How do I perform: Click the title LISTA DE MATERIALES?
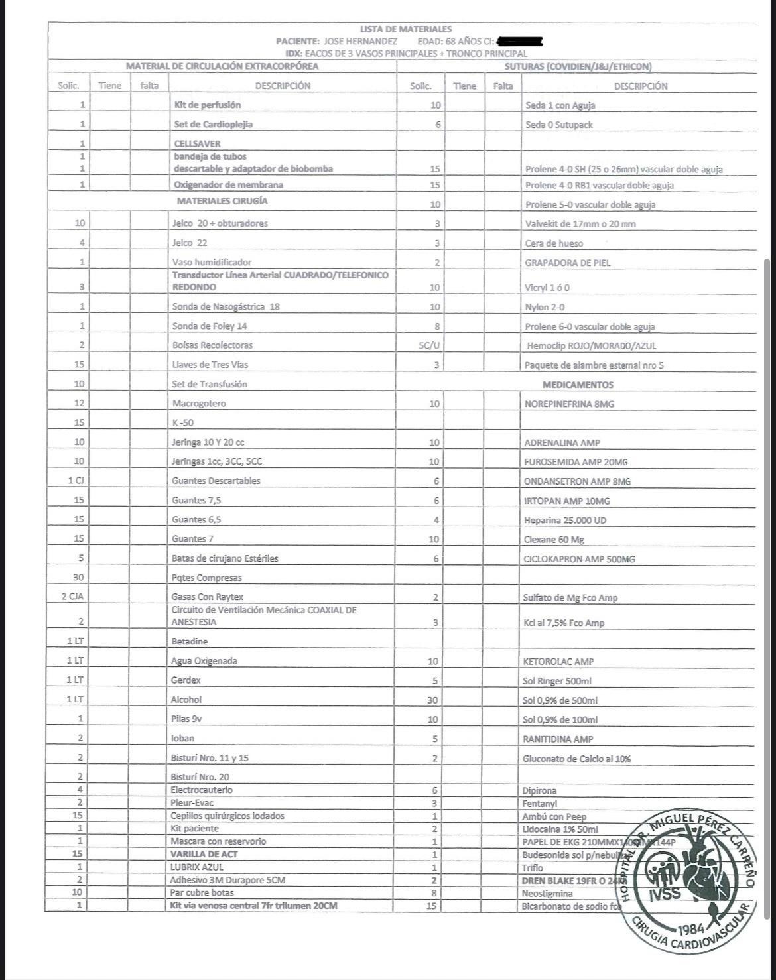point(405,29)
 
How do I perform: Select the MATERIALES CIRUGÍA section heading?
point(222,201)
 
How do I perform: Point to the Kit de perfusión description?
point(208,105)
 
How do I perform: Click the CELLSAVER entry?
point(197,143)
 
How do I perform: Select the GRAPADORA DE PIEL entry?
point(568,263)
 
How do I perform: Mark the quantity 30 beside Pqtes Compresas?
point(79,578)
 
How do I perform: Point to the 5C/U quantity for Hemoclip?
point(428,345)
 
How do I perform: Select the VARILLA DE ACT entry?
point(204,854)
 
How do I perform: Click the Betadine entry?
point(190,642)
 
